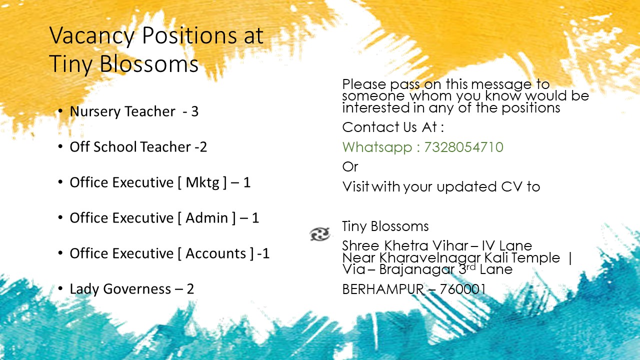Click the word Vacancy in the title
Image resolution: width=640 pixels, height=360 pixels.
coord(91,35)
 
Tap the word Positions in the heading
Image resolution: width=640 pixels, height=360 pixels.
coord(189,35)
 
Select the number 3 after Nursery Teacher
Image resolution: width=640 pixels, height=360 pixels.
coord(194,111)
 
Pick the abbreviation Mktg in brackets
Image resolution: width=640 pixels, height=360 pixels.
coord(202,183)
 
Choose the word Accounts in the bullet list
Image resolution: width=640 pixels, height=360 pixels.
coord(215,253)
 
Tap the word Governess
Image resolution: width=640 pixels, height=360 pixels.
coord(137,289)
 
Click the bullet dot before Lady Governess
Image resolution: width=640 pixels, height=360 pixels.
coord(60,288)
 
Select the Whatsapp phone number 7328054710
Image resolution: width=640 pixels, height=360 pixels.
coord(463,147)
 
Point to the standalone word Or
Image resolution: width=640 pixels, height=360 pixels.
coord(350,167)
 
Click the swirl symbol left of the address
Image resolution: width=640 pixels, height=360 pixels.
coord(320,234)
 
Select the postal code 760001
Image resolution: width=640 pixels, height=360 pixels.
coord(462,289)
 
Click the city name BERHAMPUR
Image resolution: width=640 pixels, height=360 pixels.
coord(383,289)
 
